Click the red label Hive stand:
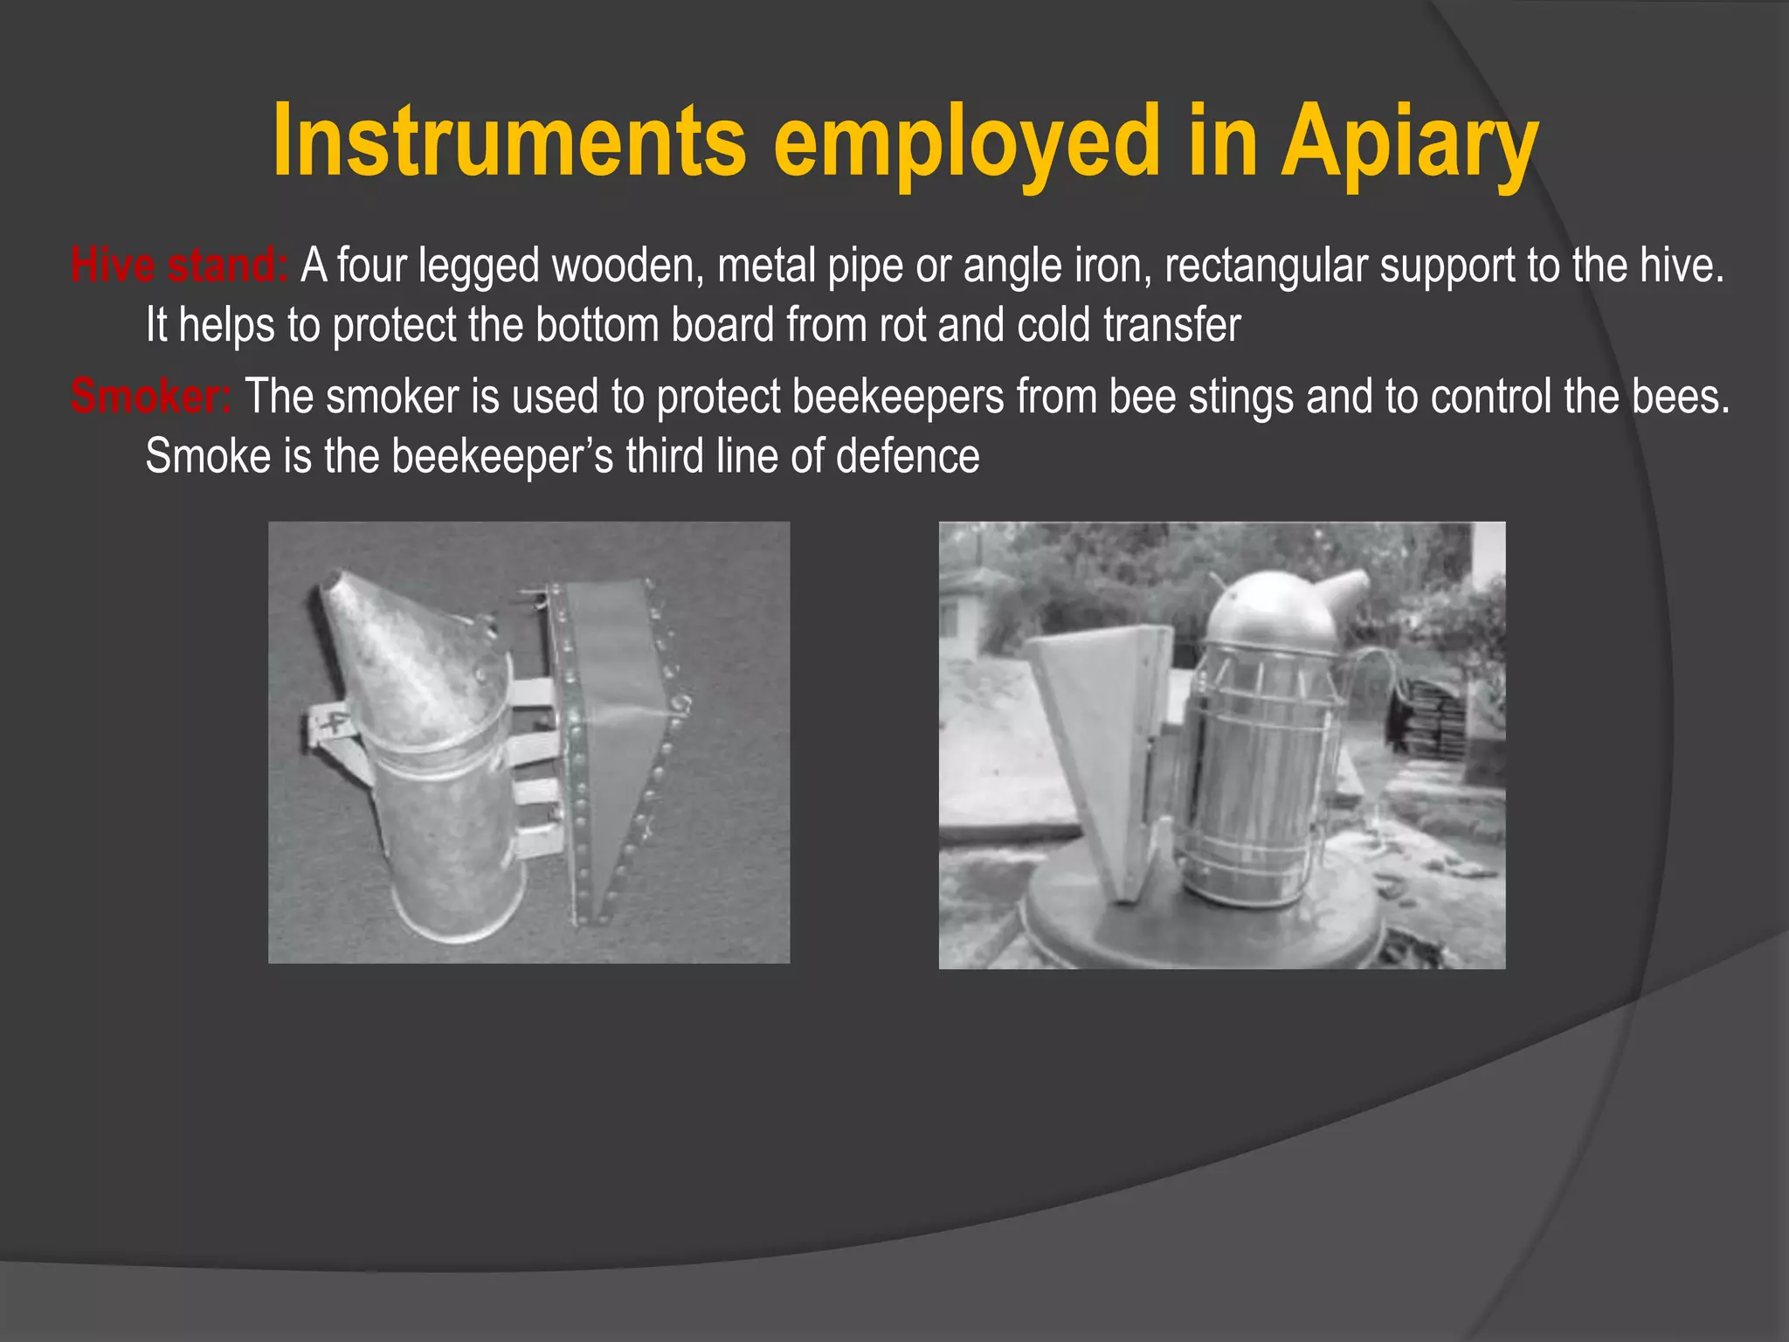click(179, 265)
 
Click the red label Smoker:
click(150, 396)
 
